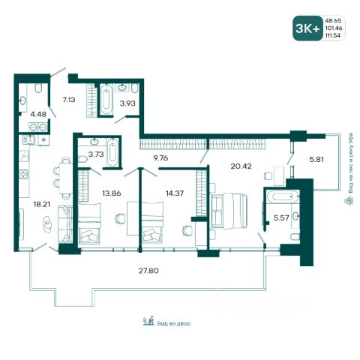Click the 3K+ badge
pyautogui.click(x=307, y=28)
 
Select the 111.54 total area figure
pyautogui.click(x=332, y=35)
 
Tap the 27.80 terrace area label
pyautogui.click(x=148, y=271)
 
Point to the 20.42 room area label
pyautogui.click(x=241, y=166)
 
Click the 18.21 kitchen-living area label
pyautogui.click(x=42, y=204)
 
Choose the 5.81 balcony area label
pyautogui.click(x=316, y=159)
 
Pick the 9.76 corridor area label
pyautogui.click(x=160, y=158)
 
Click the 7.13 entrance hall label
pyautogui.click(x=69, y=100)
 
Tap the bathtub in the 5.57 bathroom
pyautogui.click(x=283, y=197)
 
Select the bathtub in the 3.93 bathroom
pyautogui.click(x=106, y=100)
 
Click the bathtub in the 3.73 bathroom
pyautogui.click(x=112, y=152)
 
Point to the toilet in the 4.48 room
pyautogui.click(x=38, y=88)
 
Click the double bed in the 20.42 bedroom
pyautogui.click(x=229, y=211)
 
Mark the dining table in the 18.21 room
pyautogui.click(x=66, y=178)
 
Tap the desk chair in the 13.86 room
pyautogui.click(x=121, y=218)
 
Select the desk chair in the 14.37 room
pyautogui.click(x=186, y=230)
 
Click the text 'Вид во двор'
pyautogui.click(x=174, y=323)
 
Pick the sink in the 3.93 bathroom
pyautogui.click(x=122, y=88)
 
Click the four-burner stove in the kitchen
pyautogui.click(x=24, y=174)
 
